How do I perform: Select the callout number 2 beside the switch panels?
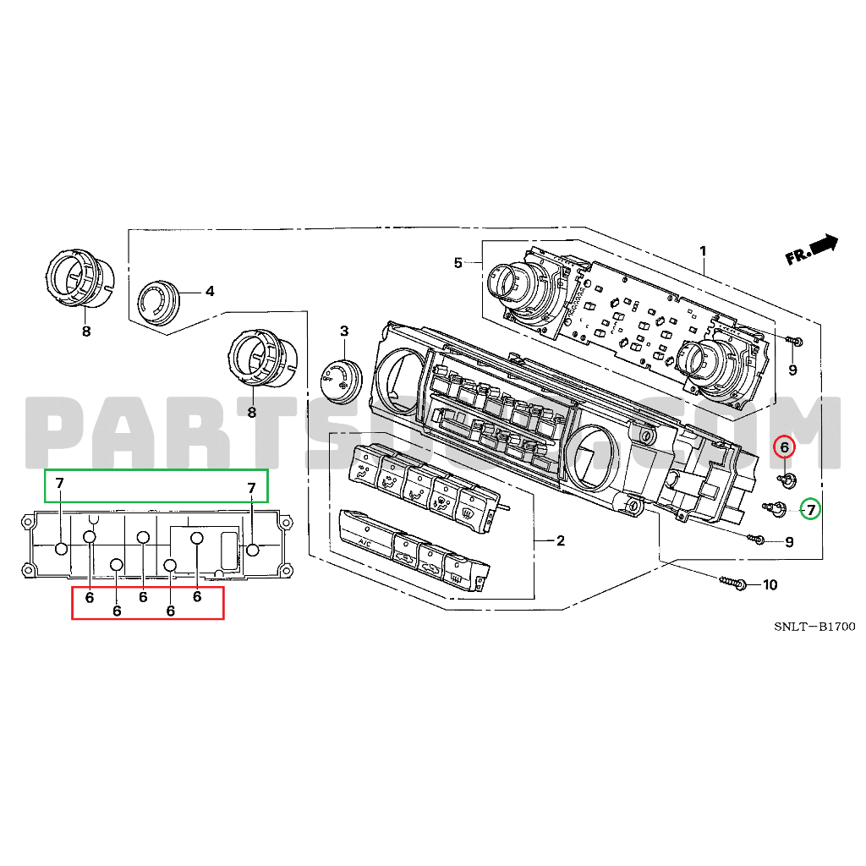560,540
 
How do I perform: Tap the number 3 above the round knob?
344,330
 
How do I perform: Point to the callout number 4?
209,292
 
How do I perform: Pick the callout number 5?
458,263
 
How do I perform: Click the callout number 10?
769,585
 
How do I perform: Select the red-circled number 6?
784,447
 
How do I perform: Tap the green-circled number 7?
810,509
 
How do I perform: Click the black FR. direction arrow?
823,245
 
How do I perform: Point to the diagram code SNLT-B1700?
814,627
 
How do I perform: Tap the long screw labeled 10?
732,583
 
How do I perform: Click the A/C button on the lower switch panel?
365,539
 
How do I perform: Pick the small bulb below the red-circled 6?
787,480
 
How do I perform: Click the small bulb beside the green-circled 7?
776,507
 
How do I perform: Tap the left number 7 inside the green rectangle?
59,484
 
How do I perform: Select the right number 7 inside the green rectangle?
251,488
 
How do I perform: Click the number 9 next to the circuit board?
792,370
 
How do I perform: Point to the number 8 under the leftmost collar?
85,332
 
